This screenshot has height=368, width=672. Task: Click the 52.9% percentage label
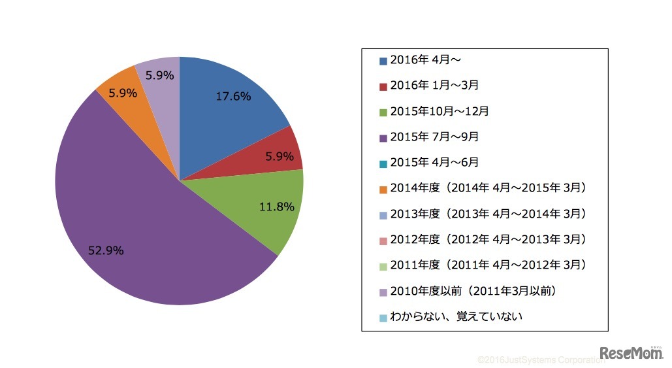106,250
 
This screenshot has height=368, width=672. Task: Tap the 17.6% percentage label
233,96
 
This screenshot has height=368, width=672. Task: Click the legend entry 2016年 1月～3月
436,86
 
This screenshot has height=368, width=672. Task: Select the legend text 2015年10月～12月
439,111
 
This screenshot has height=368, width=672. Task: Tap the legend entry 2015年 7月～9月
434,137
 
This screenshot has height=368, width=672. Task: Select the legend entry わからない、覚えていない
456,316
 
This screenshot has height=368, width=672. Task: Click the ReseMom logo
632,354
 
